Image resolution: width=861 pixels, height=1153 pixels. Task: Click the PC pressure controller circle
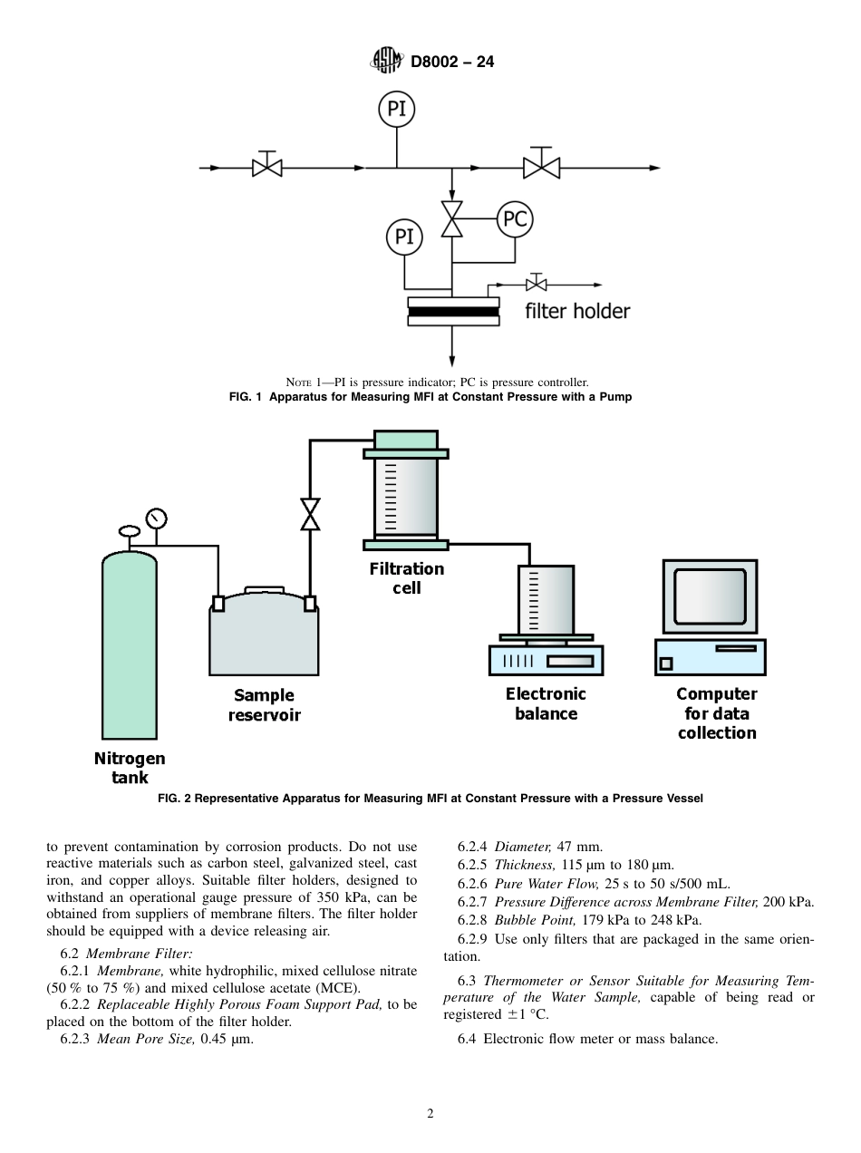(515, 218)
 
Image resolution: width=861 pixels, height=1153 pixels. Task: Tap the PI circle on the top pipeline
(396, 109)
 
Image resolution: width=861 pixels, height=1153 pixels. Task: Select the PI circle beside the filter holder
(404, 237)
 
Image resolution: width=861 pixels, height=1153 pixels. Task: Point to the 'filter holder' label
(577, 311)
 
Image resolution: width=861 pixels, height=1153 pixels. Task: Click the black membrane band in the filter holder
(453, 312)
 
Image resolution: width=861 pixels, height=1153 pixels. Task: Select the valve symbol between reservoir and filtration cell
(311, 514)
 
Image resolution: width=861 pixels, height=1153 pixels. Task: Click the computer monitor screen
(710, 595)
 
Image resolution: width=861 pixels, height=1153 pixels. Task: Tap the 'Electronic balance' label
(546, 703)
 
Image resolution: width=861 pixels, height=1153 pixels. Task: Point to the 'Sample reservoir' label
(264, 704)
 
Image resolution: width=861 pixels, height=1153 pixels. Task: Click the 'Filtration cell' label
(406, 577)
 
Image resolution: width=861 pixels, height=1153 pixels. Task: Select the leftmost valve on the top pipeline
(267, 168)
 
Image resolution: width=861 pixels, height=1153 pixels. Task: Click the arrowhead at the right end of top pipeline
(655, 168)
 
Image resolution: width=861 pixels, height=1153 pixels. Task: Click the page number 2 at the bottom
(430, 1114)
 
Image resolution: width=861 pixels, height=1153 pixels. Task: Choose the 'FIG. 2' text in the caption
(175, 799)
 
